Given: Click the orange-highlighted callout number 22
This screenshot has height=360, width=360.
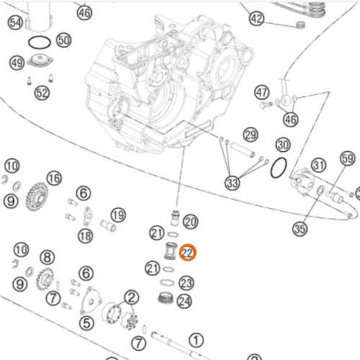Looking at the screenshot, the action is (188, 253).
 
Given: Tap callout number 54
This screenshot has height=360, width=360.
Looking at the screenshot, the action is (16, 22).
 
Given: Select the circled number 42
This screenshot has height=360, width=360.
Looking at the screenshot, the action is (256, 19).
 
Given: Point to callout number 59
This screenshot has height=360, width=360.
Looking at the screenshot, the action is (348, 158).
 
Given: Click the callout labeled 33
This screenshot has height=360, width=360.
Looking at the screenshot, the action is (232, 183).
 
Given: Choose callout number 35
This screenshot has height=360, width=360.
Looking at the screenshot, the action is (300, 229).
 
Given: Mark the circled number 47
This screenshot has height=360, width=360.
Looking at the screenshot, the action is (262, 92).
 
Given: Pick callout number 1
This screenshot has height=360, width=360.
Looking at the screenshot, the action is (197, 340).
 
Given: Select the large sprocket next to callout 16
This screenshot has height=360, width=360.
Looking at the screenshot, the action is (37, 197).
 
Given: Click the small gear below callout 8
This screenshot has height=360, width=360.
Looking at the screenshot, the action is (45, 279).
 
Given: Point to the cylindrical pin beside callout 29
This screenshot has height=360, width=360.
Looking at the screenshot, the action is (243, 150).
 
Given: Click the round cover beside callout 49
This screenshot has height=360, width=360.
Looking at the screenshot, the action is (40, 60).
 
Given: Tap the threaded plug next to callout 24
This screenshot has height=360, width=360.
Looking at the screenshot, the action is (166, 298).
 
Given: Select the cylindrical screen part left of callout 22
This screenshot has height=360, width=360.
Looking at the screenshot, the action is (171, 251).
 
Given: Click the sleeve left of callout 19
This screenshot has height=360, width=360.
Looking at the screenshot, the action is (108, 225).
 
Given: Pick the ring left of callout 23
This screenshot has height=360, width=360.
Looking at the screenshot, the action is (167, 283).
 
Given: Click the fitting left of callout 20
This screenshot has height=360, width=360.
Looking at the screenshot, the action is (176, 217).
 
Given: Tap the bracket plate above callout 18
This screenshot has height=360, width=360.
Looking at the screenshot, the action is (88, 216).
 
